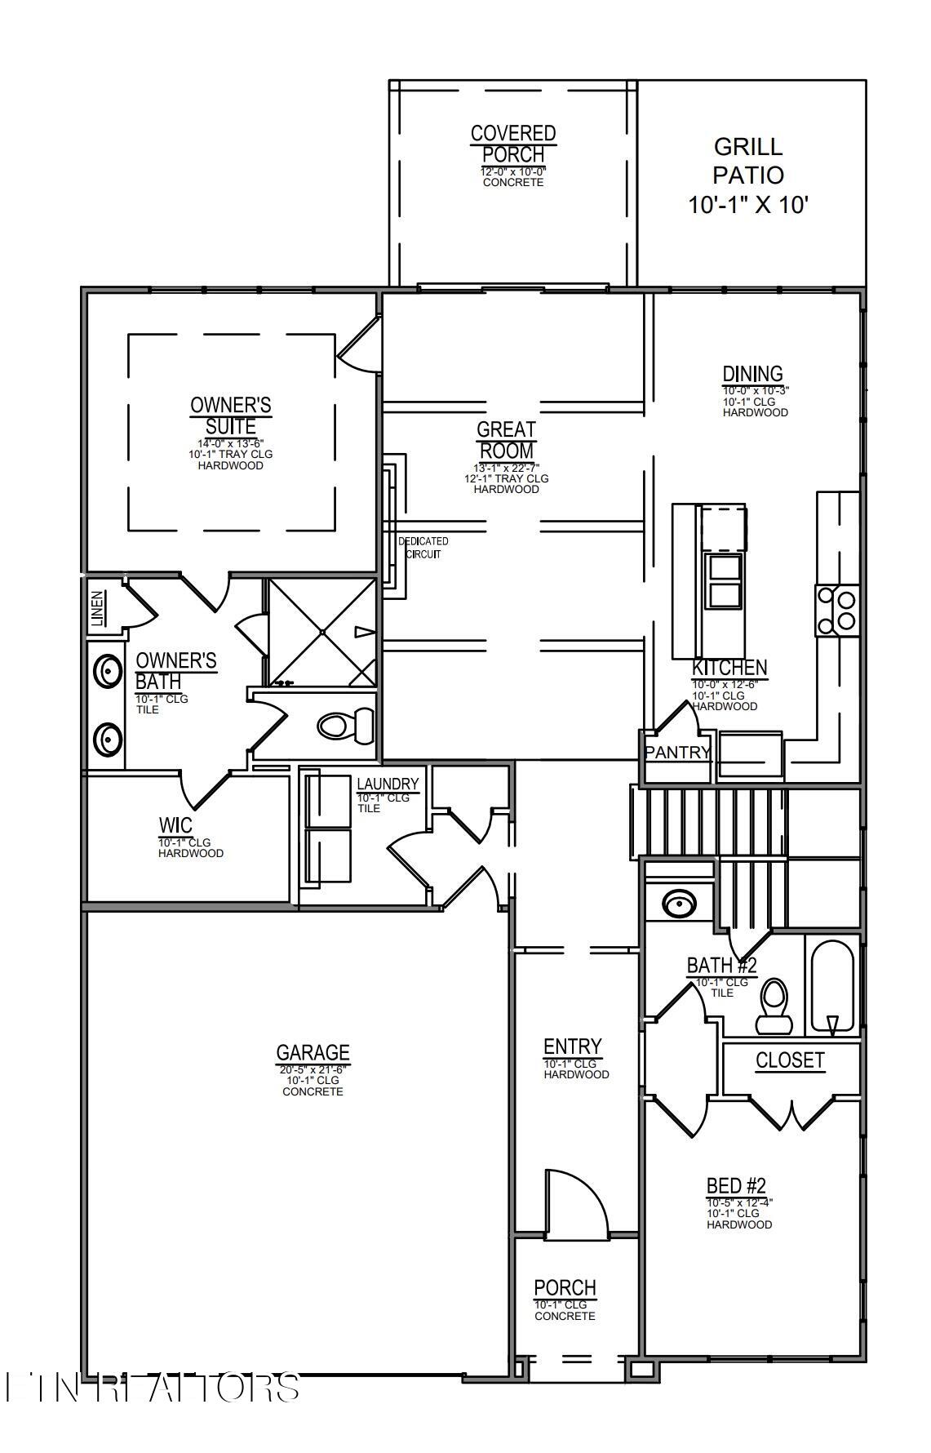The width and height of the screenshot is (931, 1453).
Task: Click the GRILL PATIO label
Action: [748, 175]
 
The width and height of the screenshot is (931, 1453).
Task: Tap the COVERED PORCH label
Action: [513, 144]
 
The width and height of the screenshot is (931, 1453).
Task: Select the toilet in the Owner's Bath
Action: [344, 724]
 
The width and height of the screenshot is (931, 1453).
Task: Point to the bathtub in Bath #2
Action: [831, 986]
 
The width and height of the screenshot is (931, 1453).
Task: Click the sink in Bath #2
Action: [678, 904]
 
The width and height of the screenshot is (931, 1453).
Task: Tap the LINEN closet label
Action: [98, 609]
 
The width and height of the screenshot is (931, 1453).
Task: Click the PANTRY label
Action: [677, 753]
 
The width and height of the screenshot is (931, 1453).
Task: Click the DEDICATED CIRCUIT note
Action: [423, 548]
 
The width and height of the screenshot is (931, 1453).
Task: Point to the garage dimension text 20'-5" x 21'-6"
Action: [313, 1069]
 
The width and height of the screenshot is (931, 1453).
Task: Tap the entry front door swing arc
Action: [577, 1201]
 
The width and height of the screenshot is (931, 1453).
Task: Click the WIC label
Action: [175, 825]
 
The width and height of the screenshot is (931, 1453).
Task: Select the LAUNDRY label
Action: [388, 784]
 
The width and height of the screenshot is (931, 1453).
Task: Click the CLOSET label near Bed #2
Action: [790, 1060]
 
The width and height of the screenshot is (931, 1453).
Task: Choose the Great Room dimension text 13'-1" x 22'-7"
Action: [506, 468]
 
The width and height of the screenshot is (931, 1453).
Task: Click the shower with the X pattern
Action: [322, 632]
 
